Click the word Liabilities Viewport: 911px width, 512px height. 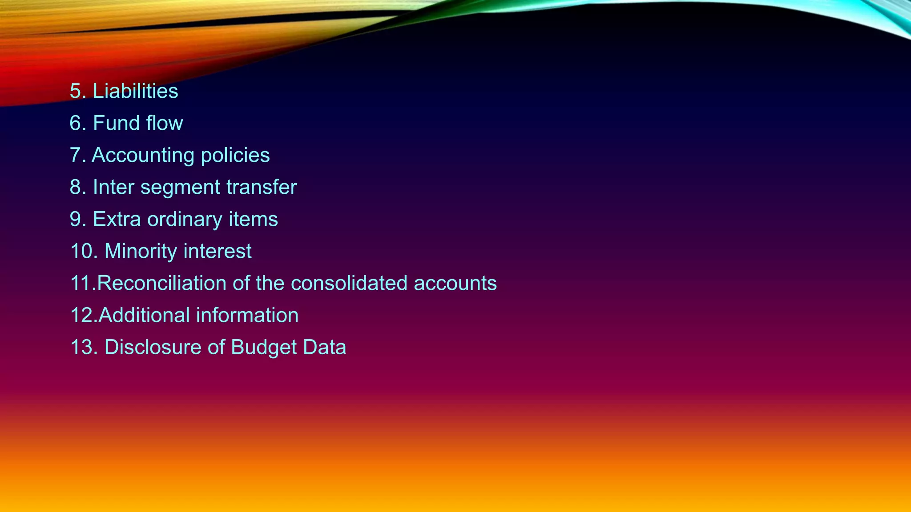135,91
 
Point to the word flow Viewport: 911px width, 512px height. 165,123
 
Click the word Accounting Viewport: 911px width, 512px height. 143,155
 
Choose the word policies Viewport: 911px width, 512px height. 235,155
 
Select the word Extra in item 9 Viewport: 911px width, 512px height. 117,219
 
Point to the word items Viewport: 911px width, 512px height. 253,219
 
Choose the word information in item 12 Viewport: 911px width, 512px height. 247,315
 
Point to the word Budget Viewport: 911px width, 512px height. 264,347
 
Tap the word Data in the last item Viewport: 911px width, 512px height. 325,347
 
